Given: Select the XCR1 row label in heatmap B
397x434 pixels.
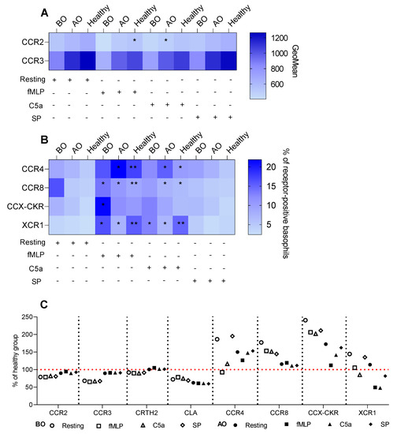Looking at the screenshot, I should tap(29, 224).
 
